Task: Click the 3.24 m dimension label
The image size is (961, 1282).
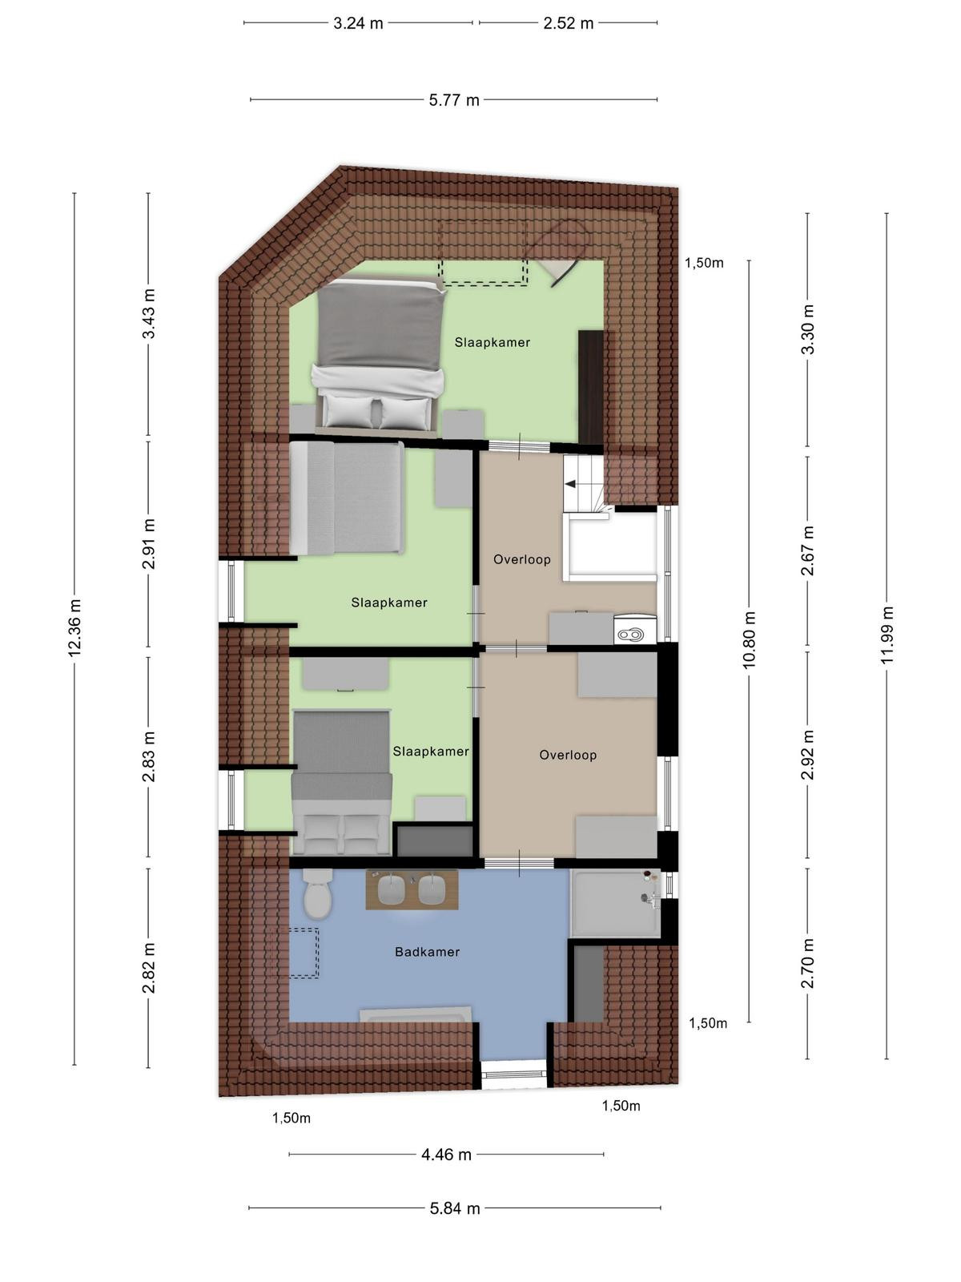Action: (x=358, y=23)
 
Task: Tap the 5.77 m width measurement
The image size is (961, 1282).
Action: (x=454, y=100)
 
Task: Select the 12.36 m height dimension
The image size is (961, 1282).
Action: (x=74, y=627)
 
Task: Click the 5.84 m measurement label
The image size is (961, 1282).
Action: (x=455, y=1208)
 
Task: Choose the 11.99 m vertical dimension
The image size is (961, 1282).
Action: (x=887, y=635)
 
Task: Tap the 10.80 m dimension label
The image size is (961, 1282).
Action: (x=750, y=640)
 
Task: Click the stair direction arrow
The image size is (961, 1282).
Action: (x=569, y=484)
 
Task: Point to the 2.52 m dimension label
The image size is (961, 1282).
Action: (x=569, y=23)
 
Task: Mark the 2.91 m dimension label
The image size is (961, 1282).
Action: (x=149, y=544)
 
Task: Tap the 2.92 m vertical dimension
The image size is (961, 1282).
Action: (x=807, y=755)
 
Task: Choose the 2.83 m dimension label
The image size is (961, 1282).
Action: (x=149, y=757)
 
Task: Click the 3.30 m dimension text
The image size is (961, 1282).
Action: (x=807, y=329)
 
